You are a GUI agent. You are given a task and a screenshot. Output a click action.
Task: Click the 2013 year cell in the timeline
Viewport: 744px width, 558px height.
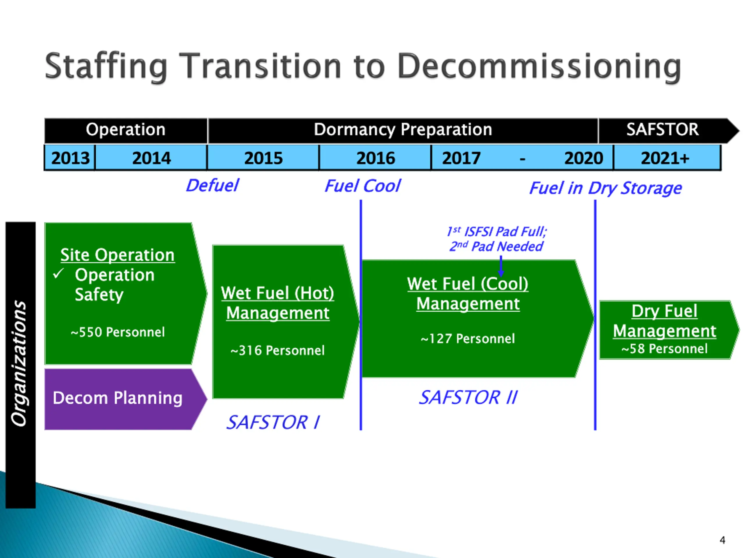(70, 158)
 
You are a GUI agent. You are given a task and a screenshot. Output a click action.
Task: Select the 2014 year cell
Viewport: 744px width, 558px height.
(151, 158)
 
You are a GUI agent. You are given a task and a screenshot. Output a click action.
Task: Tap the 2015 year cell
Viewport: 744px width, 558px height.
(263, 158)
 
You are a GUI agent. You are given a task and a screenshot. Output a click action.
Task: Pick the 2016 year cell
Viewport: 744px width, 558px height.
(375, 158)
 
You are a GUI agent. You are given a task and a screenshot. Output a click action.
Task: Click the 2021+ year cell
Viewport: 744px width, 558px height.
(665, 158)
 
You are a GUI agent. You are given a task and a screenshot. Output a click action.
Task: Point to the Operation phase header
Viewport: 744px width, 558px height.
(126, 130)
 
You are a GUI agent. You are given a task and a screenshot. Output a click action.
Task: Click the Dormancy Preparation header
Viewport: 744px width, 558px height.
(403, 130)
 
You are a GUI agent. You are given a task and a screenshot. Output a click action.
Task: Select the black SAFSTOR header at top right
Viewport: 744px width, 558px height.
(662, 130)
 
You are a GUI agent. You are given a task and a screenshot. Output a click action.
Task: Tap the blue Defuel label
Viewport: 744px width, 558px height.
(212, 186)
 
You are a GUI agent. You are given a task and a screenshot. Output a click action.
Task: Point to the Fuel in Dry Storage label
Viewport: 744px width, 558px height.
(605, 188)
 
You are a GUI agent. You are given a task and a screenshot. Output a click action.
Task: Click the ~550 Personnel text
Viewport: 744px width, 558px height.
(118, 332)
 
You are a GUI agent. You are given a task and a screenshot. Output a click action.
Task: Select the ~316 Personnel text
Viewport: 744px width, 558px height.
(278, 350)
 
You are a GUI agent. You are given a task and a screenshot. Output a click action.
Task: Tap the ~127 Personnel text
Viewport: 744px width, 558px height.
(468, 339)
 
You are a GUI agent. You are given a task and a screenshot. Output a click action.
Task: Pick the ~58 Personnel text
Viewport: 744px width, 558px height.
(664, 349)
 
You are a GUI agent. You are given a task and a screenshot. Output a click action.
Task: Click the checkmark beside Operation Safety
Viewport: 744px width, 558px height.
(58, 274)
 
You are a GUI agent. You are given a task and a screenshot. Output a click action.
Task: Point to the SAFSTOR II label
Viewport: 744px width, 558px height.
(468, 398)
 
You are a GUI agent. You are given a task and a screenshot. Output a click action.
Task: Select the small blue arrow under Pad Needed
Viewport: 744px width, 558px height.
(501, 267)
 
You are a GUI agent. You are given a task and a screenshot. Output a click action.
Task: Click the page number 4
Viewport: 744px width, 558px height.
(722, 540)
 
